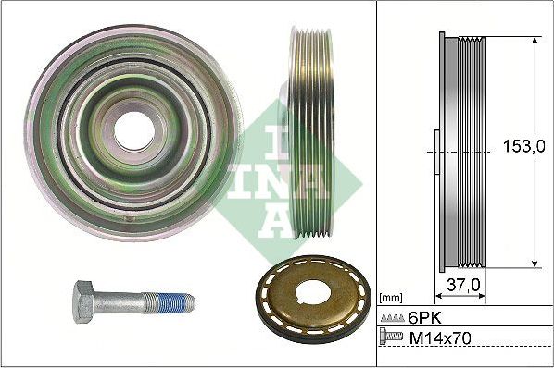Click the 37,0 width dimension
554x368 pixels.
(x=463, y=285)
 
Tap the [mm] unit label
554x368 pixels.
(x=391, y=298)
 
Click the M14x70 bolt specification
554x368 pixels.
(x=443, y=339)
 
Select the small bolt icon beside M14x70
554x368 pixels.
(x=393, y=339)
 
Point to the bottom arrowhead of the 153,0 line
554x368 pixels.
(x=535, y=264)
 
